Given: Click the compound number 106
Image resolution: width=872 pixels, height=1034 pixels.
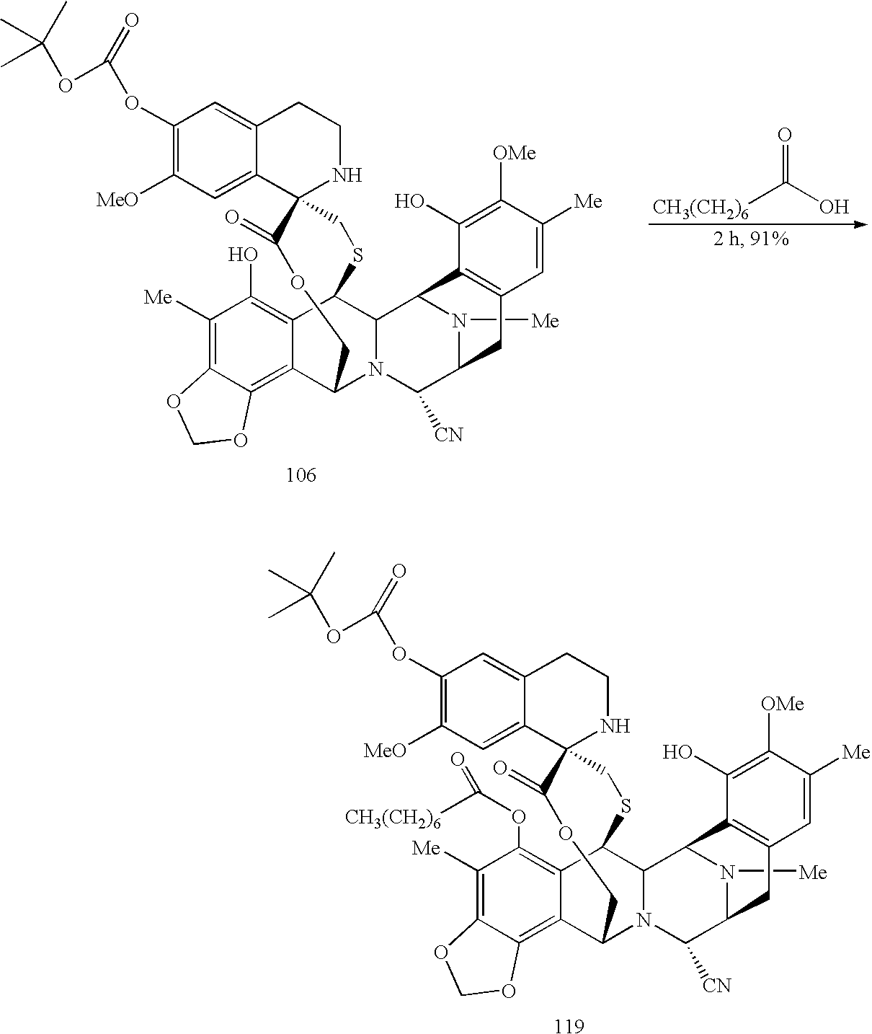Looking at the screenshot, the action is click(x=301, y=475).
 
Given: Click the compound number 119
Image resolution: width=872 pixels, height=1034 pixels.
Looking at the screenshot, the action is click(x=569, y=1025).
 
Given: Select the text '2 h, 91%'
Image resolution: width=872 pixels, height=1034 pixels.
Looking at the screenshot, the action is click(x=751, y=240).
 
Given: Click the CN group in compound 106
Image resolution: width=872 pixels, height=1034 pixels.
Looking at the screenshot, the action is click(x=448, y=435).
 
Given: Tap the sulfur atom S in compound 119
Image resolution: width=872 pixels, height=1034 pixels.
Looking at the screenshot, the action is click(x=625, y=806).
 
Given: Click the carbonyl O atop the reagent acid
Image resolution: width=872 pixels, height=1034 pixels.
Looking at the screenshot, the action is click(x=784, y=136).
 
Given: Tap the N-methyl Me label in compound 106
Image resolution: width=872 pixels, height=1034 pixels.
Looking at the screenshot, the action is click(x=544, y=321).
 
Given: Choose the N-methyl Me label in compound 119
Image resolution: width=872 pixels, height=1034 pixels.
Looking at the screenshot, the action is click(x=812, y=873).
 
